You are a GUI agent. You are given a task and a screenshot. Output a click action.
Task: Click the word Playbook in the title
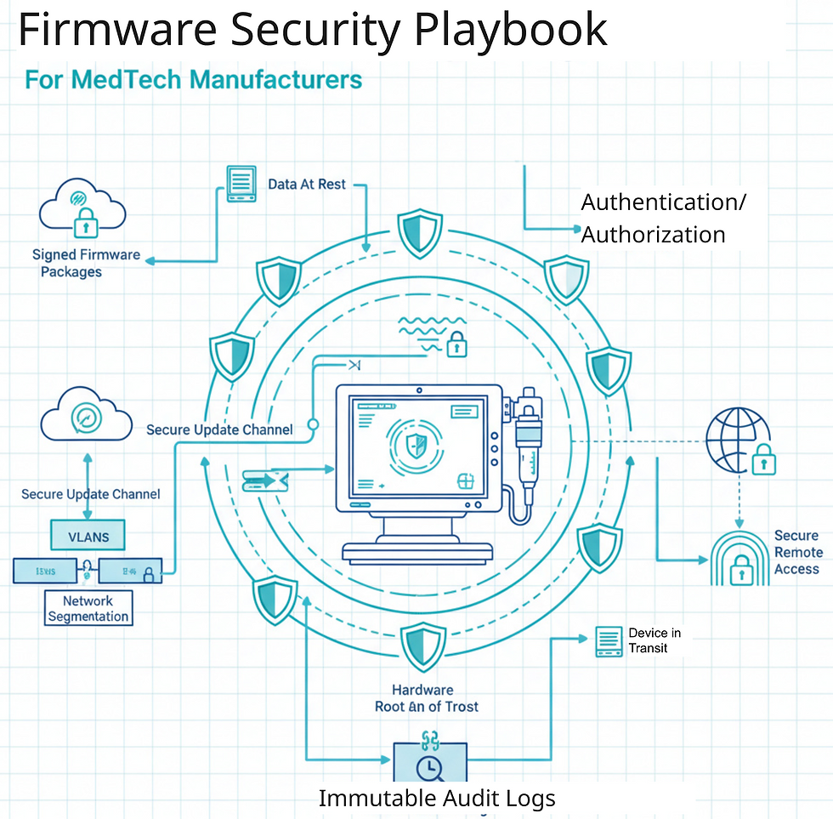coord(511,30)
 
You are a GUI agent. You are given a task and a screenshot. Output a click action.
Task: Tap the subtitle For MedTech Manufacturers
coord(194,81)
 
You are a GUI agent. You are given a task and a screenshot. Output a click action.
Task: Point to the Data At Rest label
coord(307,184)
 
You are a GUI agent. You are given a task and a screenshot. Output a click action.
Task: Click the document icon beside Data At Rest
coord(241,184)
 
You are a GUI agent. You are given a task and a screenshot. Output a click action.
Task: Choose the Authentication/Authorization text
coord(663,219)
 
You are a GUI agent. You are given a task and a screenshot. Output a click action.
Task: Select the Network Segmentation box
coord(88,608)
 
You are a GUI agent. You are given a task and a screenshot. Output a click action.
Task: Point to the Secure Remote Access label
coord(797,552)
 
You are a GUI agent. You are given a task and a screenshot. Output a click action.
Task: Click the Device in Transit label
coord(654,640)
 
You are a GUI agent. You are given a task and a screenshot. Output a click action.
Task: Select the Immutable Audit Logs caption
coord(437,799)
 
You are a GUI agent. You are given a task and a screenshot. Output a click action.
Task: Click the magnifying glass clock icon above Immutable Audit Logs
coord(429,763)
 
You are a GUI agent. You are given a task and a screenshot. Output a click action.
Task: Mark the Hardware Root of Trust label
coord(427,697)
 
